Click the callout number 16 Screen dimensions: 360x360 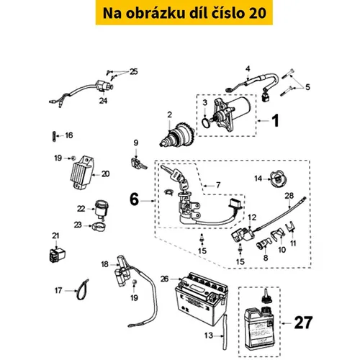69,135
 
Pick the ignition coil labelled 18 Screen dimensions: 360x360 119,273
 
